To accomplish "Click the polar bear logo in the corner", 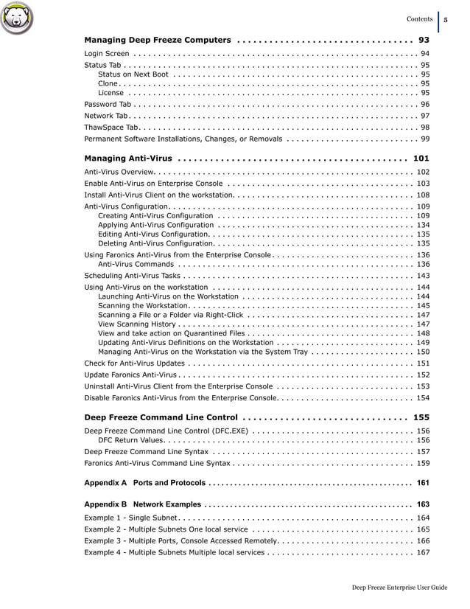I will pyautogui.click(x=18, y=20).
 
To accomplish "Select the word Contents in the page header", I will pyautogui.click(x=419, y=19).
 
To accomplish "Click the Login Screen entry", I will pyautogui.click(x=107, y=54).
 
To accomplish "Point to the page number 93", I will pyautogui.click(x=424, y=39).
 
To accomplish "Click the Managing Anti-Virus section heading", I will pyautogui.click(x=128, y=158).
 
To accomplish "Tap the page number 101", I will pyautogui.click(x=421, y=158).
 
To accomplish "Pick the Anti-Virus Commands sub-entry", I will pyautogui.click(x=136, y=264).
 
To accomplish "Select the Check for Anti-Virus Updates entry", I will pyautogui.click(x=135, y=363).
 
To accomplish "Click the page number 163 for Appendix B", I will pyautogui.click(x=423, y=504).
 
